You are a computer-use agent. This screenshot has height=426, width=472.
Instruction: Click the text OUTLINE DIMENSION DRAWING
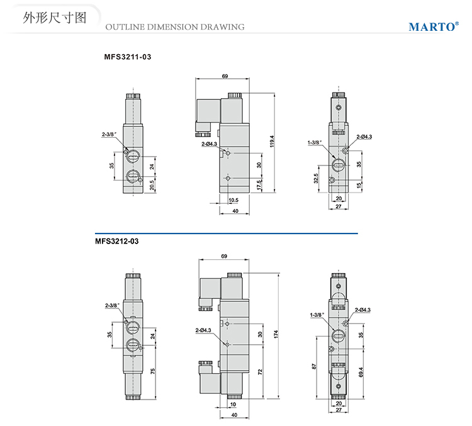pyautogui.click(x=174, y=27)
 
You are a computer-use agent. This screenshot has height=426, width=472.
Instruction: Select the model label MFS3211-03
pyautogui.click(x=128, y=57)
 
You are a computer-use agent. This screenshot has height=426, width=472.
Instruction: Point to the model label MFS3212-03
pyautogui.click(x=116, y=240)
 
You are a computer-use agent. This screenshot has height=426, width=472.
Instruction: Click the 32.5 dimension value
pyautogui.click(x=315, y=179)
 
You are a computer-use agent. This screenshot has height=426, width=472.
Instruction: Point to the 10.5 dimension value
pyautogui.click(x=232, y=200)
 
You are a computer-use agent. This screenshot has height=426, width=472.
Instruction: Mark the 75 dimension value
pyautogui.click(x=152, y=371)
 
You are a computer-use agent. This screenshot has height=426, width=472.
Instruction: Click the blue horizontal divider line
pyautogui.click(x=226, y=233)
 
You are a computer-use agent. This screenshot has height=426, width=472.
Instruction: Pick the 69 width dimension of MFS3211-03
pyautogui.click(x=225, y=76)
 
